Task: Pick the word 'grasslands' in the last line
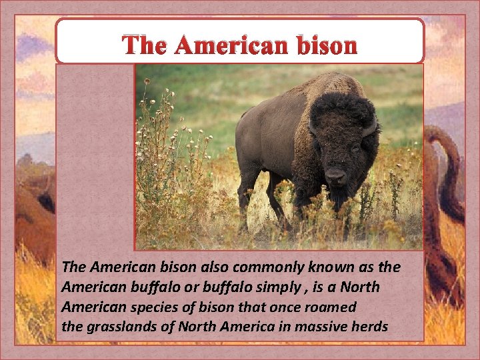[117, 328]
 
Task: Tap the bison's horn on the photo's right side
[371, 126]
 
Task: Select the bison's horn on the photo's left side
[312, 127]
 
